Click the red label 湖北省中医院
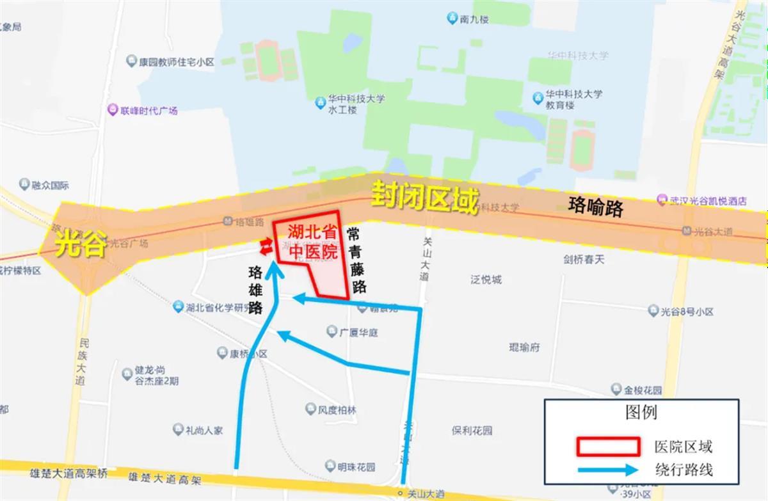pos(312,242)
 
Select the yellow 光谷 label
pos(79,244)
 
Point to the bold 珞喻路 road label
pos(595,206)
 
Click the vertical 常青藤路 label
pos(359,259)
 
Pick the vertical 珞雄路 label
pos(256,289)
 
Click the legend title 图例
pos(641,411)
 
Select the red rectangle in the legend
pos(608,446)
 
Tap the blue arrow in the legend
pos(608,470)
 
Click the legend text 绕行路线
pos(683,470)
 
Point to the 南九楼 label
pos(474,19)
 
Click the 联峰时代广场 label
pos(149,111)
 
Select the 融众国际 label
pos(50,186)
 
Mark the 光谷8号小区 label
pos(687,312)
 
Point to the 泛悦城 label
pos(486,279)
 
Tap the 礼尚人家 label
pos(204,431)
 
